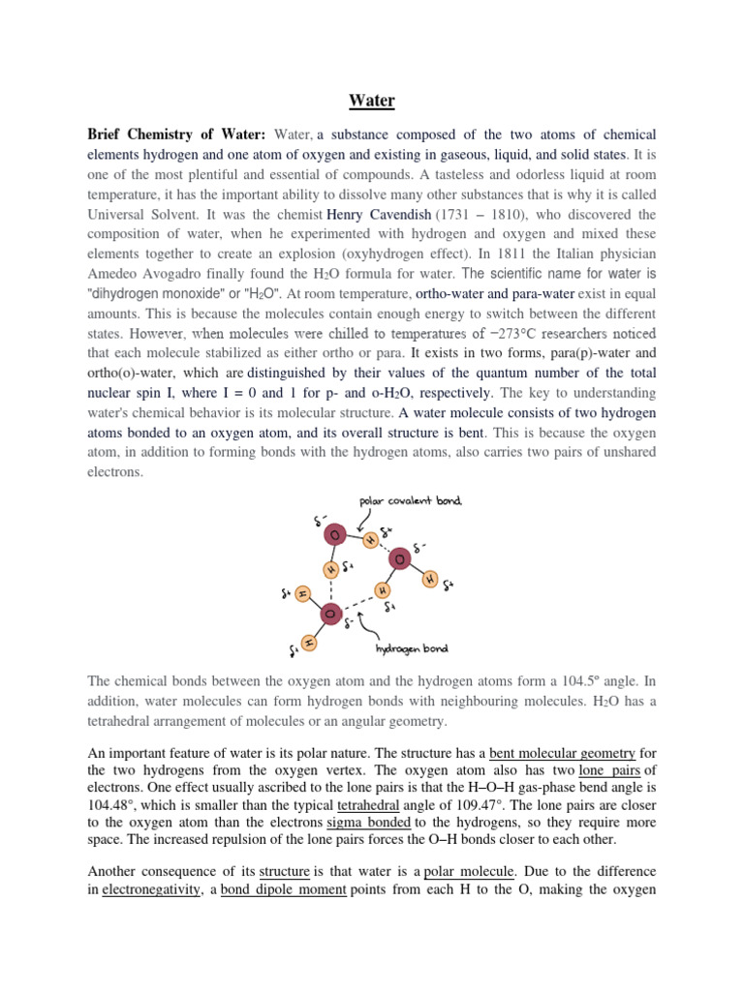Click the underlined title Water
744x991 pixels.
[x=372, y=100]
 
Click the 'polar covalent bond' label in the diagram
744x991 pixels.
[x=411, y=501]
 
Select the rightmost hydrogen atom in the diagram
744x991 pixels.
[x=430, y=579]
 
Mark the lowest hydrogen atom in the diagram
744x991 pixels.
[x=308, y=642]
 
